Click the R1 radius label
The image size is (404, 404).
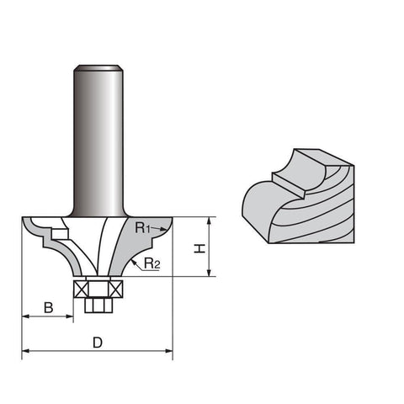(x=143, y=228)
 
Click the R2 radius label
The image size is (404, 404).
(x=151, y=263)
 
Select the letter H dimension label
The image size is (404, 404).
(x=199, y=248)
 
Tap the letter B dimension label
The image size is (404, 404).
(x=49, y=308)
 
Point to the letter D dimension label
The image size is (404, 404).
(x=98, y=343)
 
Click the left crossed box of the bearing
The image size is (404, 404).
(x=81, y=289)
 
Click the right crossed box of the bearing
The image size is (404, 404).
(x=116, y=289)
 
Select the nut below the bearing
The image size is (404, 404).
(x=98, y=305)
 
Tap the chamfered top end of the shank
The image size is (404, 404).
(x=98, y=68)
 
